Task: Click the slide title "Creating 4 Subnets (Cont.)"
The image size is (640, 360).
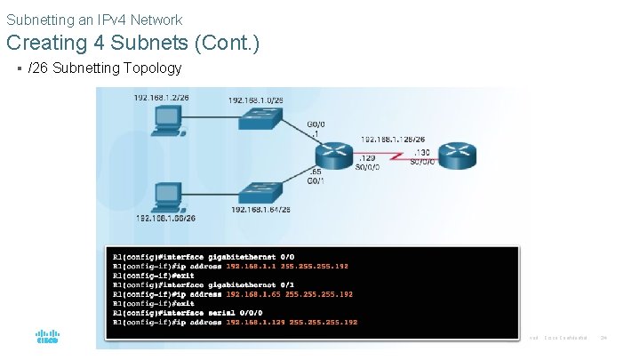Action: click(x=132, y=42)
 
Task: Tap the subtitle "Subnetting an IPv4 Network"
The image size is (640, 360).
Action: click(x=94, y=19)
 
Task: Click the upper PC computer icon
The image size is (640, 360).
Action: click(x=166, y=121)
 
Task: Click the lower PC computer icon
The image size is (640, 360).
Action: click(x=166, y=195)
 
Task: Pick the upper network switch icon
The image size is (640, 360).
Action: click(x=262, y=123)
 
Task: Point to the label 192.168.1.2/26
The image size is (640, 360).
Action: click(x=161, y=98)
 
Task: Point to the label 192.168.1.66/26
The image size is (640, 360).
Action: click(x=165, y=218)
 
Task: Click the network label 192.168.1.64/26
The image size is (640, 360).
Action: click(x=260, y=210)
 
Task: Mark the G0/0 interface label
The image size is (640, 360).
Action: click(x=315, y=126)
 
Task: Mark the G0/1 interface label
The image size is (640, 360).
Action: click(x=316, y=180)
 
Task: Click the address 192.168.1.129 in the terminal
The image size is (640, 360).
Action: click(x=255, y=322)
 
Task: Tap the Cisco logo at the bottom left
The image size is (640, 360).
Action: click(x=47, y=338)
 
